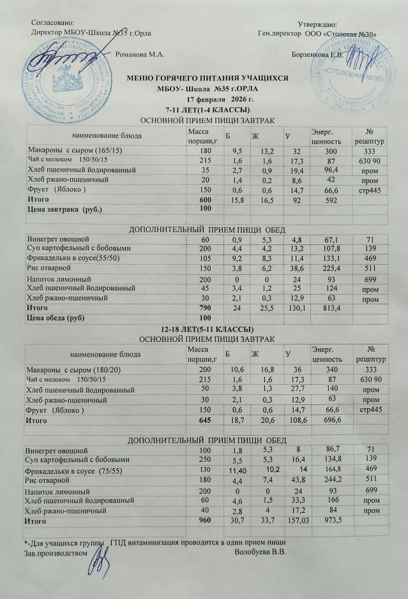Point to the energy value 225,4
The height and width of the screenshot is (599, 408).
[x=321, y=269]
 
